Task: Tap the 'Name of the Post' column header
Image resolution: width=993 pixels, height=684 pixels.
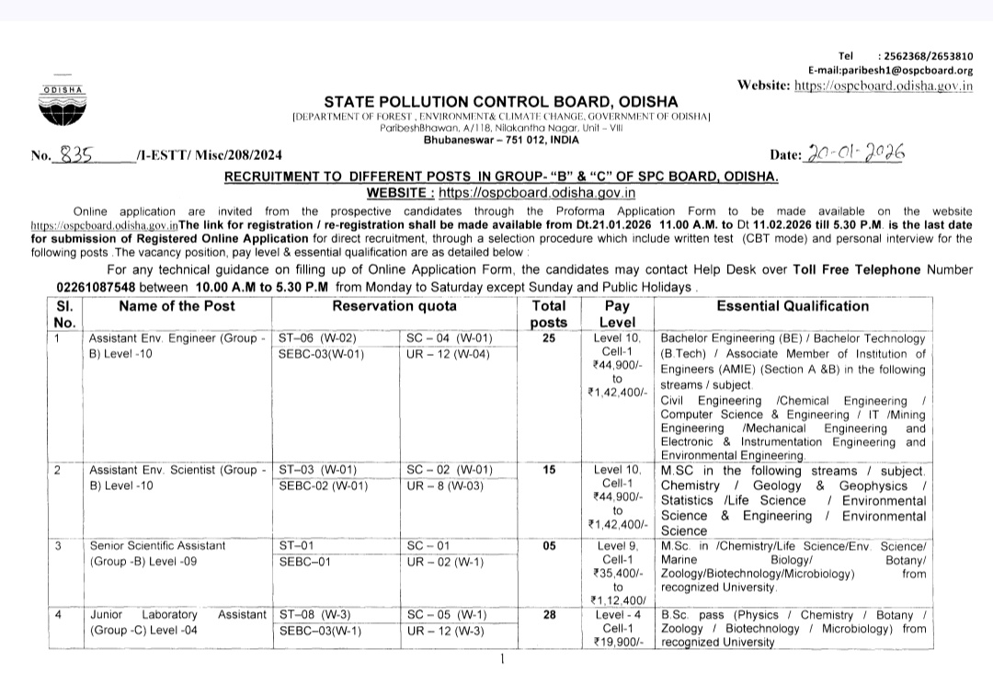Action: click(x=177, y=306)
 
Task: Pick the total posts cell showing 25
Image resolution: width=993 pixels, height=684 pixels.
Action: click(x=549, y=337)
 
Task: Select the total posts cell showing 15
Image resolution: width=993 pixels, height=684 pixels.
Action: click(x=549, y=470)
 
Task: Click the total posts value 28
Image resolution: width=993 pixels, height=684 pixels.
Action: click(x=549, y=615)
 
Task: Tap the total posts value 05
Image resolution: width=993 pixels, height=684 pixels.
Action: click(x=549, y=545)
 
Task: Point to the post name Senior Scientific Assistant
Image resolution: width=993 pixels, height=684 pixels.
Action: click(x=157, y=545)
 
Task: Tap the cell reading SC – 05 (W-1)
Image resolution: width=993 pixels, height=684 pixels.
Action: click(x=447, y=615)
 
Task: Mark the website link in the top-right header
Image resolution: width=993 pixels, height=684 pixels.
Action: click(x=884, y=85)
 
